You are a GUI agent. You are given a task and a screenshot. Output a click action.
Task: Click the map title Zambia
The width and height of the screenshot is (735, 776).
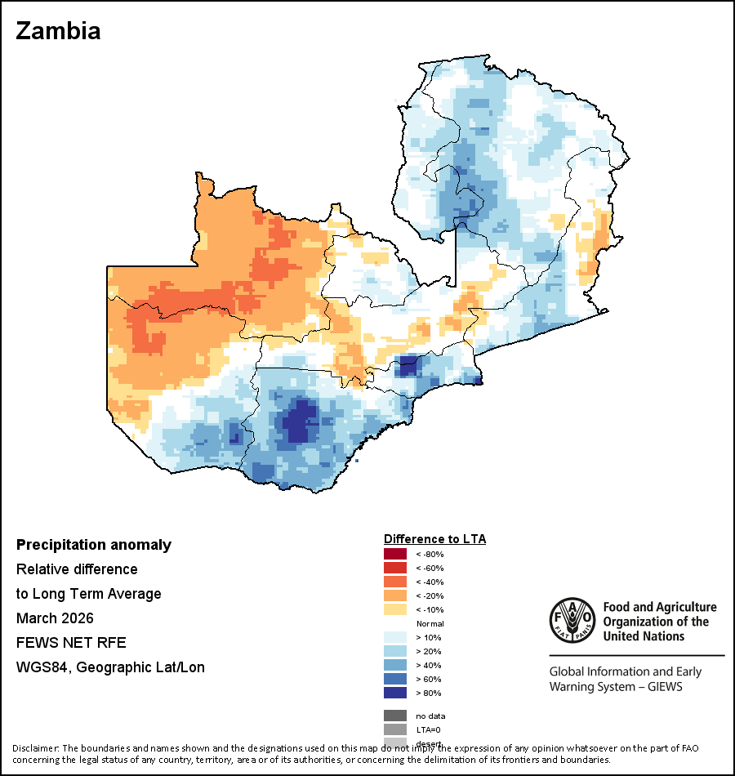(58, 31)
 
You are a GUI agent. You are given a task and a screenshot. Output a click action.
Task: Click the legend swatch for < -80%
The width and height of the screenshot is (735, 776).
(395, 555)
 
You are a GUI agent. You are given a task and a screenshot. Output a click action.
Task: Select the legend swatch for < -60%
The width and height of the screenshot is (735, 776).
(395, 569)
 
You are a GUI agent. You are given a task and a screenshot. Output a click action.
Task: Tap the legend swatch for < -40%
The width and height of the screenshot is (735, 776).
(395, 582)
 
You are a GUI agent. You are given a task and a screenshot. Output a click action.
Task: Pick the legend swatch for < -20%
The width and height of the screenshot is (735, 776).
(395, 596)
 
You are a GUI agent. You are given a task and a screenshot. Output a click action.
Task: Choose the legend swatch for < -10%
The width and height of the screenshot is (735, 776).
(395, 610)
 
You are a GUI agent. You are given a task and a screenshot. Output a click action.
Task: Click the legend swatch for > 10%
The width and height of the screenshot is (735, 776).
(395, 637)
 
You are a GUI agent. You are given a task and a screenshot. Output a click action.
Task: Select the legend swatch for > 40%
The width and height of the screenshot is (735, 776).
(395, 665)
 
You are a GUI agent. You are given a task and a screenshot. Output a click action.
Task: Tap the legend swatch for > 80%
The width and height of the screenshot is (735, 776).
(395, 693)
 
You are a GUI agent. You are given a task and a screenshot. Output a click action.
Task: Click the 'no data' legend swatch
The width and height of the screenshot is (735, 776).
(395, 716)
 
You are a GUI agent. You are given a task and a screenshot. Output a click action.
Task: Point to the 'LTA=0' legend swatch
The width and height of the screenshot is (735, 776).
(395, 729)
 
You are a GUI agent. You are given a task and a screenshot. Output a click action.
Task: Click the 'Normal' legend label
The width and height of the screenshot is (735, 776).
(430, 624)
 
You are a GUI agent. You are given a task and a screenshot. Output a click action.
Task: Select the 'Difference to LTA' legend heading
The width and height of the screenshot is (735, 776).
(434, 539)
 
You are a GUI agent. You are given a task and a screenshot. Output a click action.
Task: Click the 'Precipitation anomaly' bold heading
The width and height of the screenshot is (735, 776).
(94, 545)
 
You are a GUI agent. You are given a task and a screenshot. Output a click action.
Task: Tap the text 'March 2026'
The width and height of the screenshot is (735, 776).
(55, 618)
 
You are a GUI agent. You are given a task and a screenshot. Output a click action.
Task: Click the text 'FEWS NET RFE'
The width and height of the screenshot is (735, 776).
(71, 642)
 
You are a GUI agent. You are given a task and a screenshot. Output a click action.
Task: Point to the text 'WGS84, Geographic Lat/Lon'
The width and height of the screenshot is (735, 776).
(110, 667)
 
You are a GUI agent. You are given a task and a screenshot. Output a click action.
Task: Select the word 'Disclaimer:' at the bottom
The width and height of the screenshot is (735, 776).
(36, 748)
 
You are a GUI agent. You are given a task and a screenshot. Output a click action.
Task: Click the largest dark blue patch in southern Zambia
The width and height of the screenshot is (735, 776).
(298, 423)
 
